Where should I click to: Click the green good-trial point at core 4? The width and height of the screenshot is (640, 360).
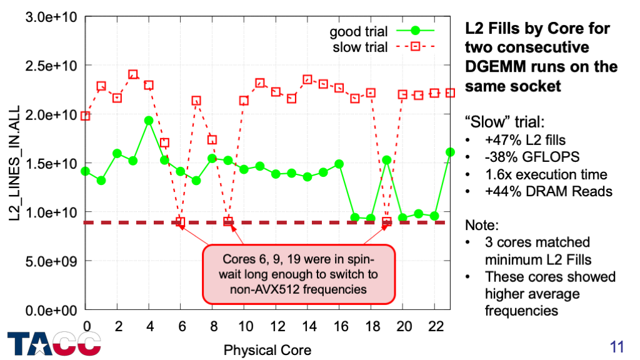149,121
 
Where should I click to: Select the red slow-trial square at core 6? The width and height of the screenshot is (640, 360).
181,221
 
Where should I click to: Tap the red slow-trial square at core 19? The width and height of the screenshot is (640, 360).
387,221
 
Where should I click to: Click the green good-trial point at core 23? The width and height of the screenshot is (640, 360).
451,152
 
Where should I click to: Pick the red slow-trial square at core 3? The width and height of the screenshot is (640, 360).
133,74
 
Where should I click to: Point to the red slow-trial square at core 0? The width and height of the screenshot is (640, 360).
86,116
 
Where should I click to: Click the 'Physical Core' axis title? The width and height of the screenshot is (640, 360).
267,349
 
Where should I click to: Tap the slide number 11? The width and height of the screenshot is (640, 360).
617,346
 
